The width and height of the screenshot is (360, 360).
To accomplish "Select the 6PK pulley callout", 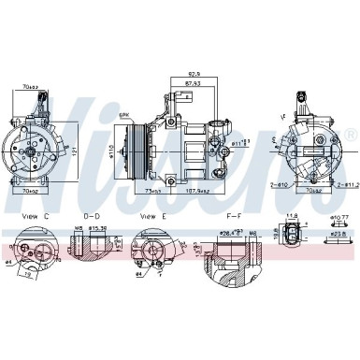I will pyautogui.click(x=123, y=114).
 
